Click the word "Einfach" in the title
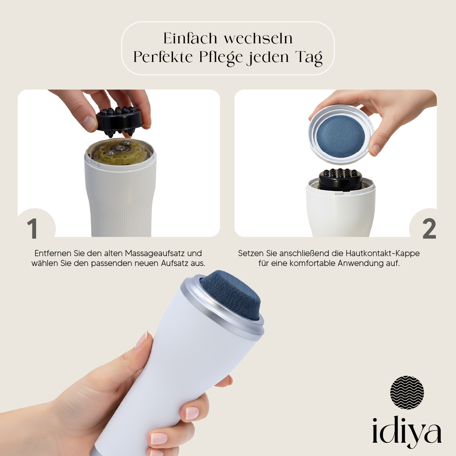coord(190,38)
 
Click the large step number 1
coord(32,229)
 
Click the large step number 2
coord(429,229)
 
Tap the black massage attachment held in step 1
coord(120,121)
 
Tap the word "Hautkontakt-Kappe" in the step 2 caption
coord(383,253)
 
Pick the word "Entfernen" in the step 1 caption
coord(53,253)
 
